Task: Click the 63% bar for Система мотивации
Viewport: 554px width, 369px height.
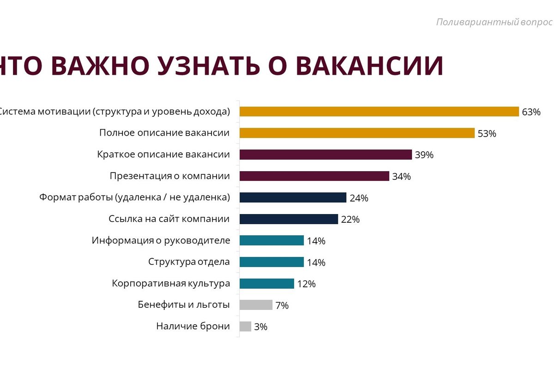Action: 379,112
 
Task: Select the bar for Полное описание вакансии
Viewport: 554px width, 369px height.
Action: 357,133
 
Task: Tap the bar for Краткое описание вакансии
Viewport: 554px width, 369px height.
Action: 325,155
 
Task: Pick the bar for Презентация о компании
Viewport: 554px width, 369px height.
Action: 314,176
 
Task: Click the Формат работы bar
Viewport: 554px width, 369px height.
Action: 293,197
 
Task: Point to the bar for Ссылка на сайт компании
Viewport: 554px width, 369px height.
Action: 289,219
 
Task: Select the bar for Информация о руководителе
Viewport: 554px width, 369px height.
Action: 271,240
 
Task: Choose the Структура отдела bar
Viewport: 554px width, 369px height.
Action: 271,262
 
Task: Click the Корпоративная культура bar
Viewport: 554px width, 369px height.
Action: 266,283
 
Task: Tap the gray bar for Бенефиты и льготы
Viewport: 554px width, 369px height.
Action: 256,305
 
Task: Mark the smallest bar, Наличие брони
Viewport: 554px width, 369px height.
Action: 245,326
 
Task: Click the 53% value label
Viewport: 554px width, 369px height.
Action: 487,134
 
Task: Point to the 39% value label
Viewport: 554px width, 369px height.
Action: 424,155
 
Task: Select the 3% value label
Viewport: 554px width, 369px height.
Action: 261,327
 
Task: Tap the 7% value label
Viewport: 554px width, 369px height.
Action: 282,305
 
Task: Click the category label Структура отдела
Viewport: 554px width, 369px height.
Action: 189,262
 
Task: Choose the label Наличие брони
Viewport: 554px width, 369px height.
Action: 193,326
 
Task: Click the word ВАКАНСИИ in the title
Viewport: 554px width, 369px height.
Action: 369,65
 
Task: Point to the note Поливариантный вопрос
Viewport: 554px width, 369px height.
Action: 494,22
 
